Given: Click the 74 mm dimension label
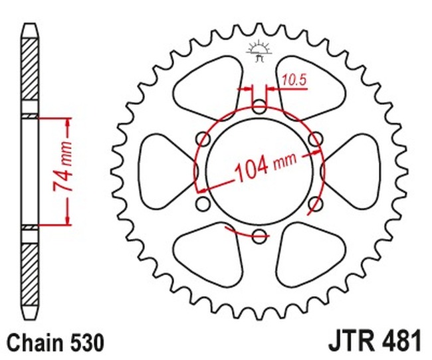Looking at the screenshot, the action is [63, 167].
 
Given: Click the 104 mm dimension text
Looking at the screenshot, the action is [266, 167].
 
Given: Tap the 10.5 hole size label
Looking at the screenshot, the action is [294, 80].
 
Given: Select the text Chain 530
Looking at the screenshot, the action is [55, 343].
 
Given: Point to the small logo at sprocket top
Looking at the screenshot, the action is [259, 51].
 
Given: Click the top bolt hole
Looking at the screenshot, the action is [259, 107].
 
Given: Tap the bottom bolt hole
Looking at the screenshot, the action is [259, 236].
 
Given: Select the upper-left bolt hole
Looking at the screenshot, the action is [203, 139].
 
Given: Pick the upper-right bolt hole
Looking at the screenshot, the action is [316, 139].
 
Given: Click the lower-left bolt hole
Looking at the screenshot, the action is [203, 204].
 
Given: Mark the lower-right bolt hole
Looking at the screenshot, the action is [316, 204].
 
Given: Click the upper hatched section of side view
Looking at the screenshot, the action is [30, 69].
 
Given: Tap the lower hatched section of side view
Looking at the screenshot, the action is [30, 275].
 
